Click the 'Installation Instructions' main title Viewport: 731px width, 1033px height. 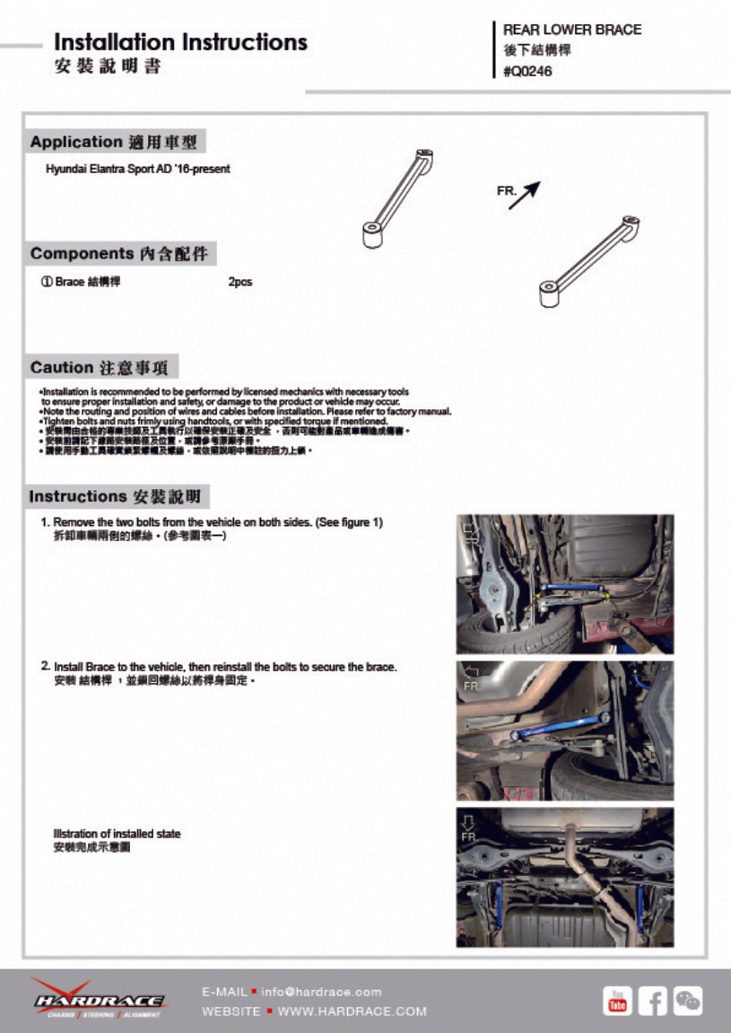point(180,42)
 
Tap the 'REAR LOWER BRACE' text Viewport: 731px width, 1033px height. point(572,30)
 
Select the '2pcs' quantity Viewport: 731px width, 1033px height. point(240,282)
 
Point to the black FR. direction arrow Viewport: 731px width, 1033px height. point(526,196)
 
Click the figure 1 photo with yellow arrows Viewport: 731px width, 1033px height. point(564,583)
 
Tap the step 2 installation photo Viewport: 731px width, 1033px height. point(564,731)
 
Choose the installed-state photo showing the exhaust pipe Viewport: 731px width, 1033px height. point(564,877)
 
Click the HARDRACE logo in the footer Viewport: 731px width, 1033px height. point(99,999)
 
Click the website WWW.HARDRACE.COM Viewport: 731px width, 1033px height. point(352,1011)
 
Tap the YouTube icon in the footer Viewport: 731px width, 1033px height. point(617,1000)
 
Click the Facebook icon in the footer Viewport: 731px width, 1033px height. point(652,1000)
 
